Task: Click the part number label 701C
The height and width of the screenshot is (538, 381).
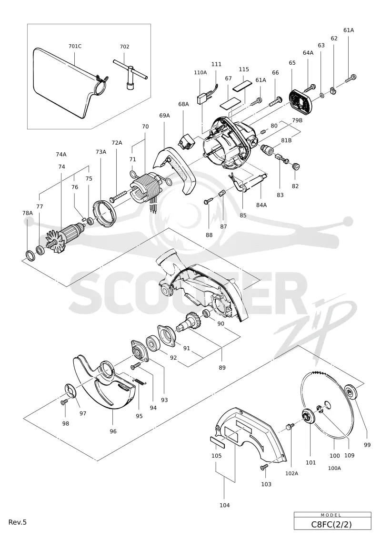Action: click(75, 46)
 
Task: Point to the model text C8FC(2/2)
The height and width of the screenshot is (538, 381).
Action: click(331, 524)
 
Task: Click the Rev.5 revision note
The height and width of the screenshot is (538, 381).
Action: click(18, 522)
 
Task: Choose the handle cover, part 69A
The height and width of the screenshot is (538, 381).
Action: click(175, 170)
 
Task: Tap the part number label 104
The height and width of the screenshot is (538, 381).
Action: click(224, 505)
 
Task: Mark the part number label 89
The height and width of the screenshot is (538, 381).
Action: click(222, 368)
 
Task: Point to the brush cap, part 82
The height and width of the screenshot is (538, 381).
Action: click(296, 167)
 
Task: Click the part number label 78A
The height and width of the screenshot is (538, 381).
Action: click(28, 213)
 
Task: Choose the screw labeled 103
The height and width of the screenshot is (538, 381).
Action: click(264, 467)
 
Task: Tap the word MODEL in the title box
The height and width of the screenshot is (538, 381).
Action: click(331, 515)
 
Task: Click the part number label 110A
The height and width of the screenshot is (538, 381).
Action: click(201, 72)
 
